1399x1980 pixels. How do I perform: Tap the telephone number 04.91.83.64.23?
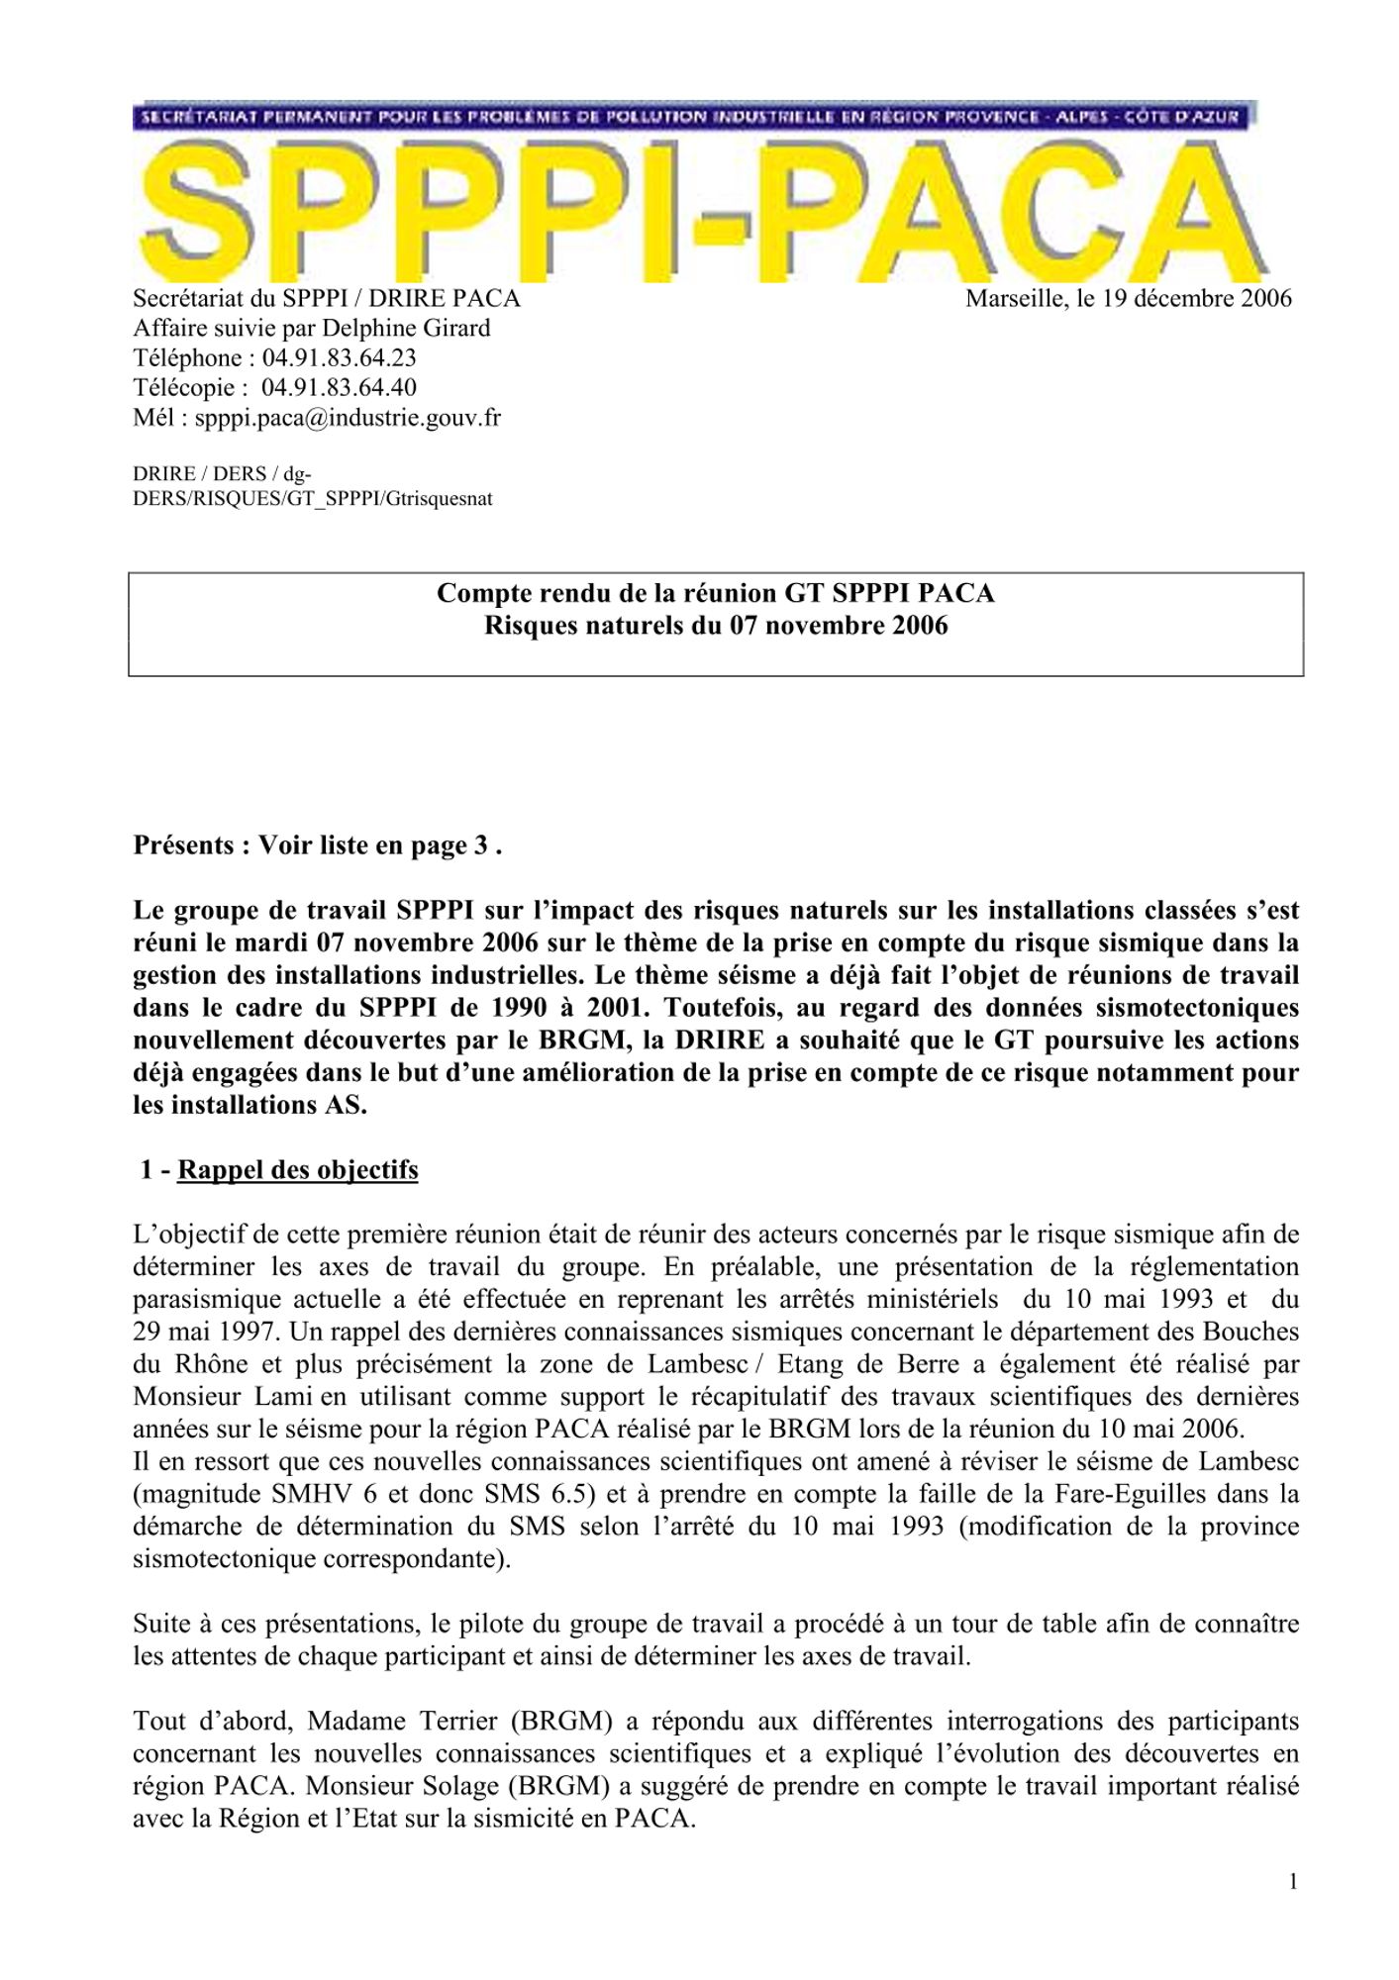click(339, 357)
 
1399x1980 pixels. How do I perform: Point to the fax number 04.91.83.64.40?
click(339, 387)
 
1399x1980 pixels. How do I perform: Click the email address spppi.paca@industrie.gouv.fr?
click(348, 417)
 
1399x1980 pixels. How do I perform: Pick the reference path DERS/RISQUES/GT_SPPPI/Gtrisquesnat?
click(312, 499)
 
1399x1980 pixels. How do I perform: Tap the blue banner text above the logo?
click(693, 116)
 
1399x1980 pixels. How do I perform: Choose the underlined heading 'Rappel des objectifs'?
click(297, 1169)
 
